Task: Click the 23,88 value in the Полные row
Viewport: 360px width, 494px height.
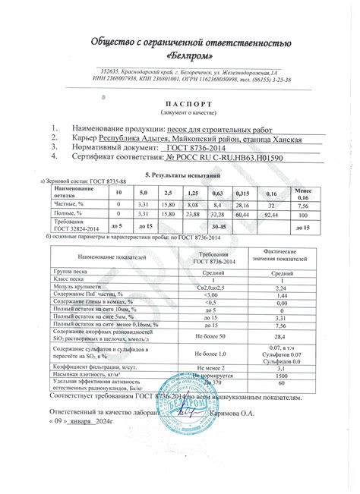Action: click(x=191, y=216)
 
